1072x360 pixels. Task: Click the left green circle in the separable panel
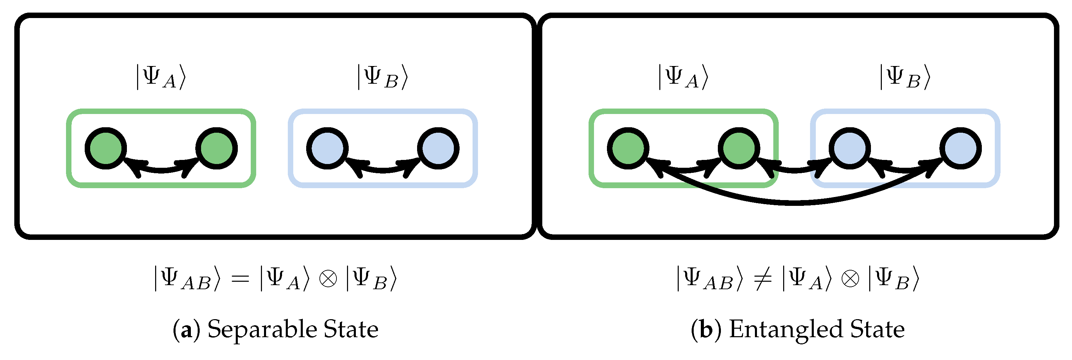106,148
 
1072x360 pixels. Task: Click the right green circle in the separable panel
216,148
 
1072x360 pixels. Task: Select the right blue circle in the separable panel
438,148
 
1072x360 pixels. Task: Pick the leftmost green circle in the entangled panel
628,148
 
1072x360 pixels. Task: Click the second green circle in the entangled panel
739,148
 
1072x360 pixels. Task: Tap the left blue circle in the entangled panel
850,148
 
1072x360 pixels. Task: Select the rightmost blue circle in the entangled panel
960,148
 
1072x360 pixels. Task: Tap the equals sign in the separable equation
240,278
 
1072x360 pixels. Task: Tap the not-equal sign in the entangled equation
762,278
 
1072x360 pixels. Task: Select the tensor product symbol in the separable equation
328,278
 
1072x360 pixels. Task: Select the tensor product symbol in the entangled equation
850,278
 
